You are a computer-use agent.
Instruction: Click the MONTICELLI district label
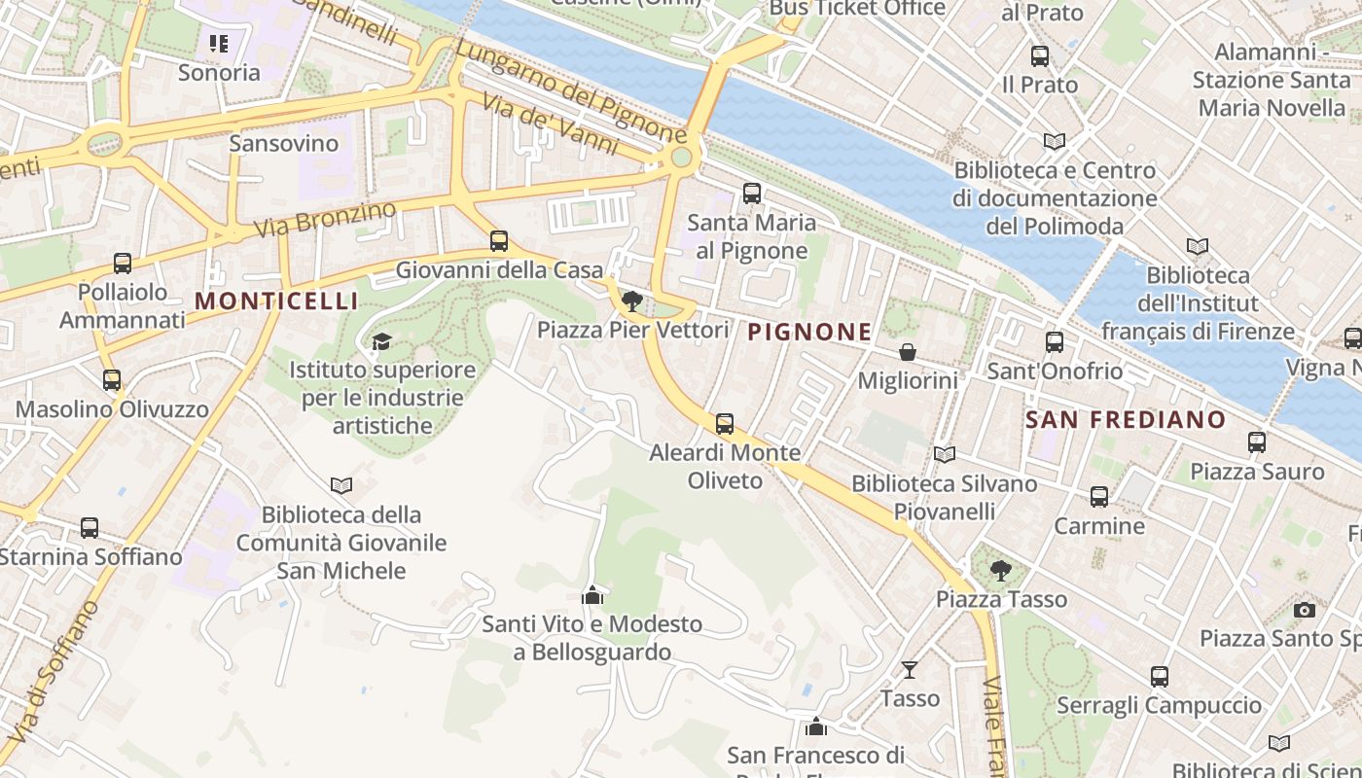coord(277,301)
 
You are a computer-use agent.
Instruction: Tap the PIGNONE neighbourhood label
coord(810,332)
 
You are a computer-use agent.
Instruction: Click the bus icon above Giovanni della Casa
coord(499,241)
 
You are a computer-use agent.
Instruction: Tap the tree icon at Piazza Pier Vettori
coord(632,301)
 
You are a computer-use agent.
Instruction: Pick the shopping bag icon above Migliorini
coord(907,352)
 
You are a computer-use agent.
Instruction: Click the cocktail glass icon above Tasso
coord(910,669)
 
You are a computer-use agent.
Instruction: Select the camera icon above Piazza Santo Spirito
coord(1305,610)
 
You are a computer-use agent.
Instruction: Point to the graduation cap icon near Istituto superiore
coord(381,341)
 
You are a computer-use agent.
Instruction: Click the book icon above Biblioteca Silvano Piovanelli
coord(944,454)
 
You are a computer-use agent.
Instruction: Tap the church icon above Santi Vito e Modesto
coord(591,594)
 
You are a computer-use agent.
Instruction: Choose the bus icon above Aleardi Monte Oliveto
coord(725,424)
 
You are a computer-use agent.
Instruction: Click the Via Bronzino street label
coord(325,219)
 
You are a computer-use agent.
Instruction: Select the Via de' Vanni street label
coord(551,126)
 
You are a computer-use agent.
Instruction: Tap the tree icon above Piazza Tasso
coord(1000,570)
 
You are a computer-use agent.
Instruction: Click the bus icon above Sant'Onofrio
coord(1055,342)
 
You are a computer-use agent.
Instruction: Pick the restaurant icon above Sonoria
coord(219,44)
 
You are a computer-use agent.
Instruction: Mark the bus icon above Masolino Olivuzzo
coord(112,380)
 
